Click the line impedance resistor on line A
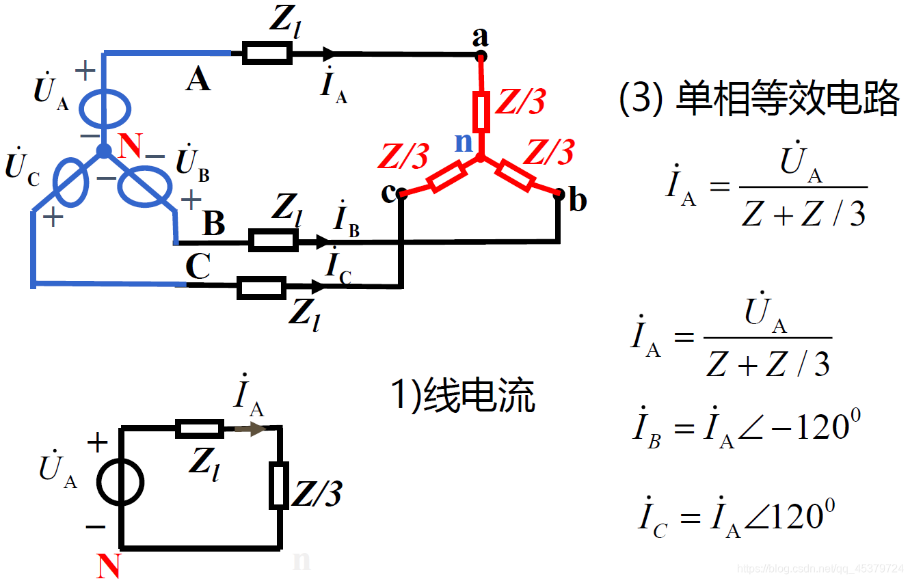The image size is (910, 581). click(267, 53)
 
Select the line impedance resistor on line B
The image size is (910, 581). click(273, 240)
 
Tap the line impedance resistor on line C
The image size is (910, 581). click(261, 288)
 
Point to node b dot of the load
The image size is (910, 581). click(559, 194)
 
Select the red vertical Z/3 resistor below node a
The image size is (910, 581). click(481, 113)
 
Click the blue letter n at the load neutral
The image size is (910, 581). click(464, 142)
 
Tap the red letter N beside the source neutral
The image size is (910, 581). click(129, 146)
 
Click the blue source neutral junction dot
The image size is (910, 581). click(103, 150)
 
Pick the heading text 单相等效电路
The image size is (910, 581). click(786, 100)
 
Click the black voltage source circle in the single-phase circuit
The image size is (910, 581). click(120, 483)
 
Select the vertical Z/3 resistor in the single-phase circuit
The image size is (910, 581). click(278, 485)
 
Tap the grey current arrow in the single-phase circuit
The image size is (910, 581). click(250, 429)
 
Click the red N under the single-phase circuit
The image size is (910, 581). click(109, 565)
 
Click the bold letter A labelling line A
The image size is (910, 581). click(198, 80)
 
